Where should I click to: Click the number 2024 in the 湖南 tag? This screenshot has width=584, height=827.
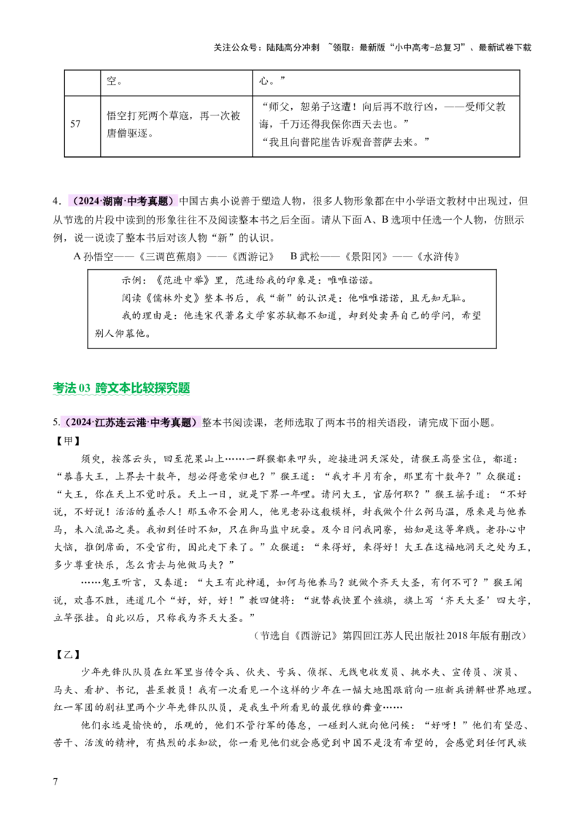(90, 202)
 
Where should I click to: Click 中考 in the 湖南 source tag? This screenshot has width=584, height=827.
(137, 202)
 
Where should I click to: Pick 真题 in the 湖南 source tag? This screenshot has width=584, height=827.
(158, 202)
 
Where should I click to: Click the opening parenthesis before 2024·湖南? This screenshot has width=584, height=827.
(75, 202)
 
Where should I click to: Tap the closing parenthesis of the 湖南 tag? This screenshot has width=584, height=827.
(172, 202)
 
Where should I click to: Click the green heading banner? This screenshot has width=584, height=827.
(120, 389)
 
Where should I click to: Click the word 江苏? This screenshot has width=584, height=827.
(105, 423)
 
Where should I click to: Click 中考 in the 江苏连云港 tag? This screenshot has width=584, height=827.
(159, 423)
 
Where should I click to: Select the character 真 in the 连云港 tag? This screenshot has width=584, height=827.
(174, 423)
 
